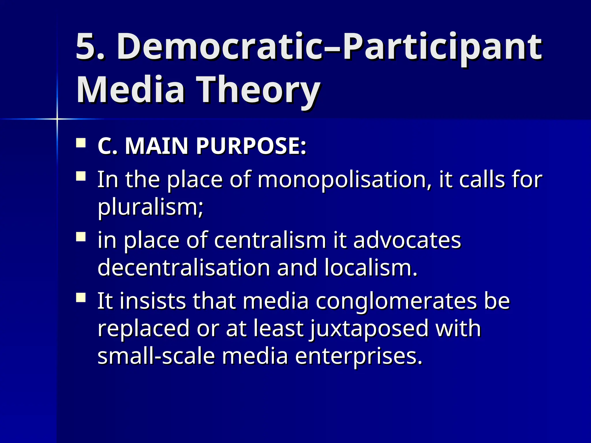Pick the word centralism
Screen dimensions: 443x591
[270, 240]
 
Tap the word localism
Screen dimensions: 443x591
[371, 267]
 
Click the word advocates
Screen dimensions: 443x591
[407, 240]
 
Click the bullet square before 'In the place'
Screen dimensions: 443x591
[81, 176]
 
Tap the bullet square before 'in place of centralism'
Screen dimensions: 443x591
[81, 237]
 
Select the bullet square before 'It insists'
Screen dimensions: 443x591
[81, 298]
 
